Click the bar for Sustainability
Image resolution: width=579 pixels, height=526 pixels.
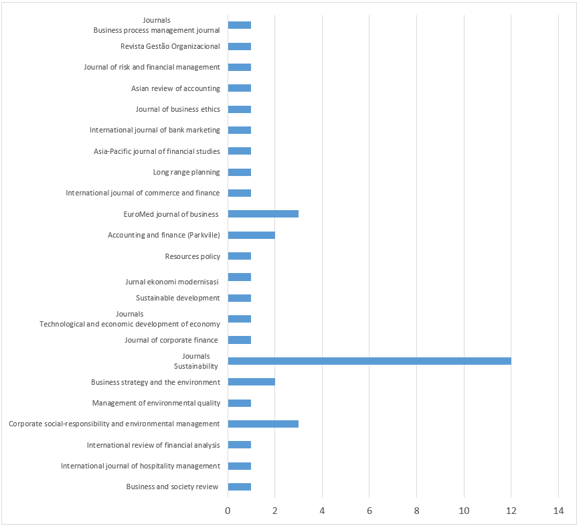(369, 361)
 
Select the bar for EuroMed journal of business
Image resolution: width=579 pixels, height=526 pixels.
(263, 213)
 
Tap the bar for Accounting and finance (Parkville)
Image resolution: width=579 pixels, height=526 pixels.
(251, 235)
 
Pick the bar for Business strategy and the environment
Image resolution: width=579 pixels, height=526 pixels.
(251, 382)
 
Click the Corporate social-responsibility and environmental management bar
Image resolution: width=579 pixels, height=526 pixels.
(263, 424)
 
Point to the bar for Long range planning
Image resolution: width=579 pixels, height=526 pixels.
(240, 172)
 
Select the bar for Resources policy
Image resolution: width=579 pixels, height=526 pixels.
(240, 256)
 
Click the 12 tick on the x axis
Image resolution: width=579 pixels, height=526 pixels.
(511, 511)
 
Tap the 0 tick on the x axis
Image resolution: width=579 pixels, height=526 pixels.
(228, 511)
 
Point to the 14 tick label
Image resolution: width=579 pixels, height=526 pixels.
(558, 511)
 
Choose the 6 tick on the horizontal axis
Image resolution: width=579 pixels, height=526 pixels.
(369, 511)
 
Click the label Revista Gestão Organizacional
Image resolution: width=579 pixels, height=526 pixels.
(170, 46)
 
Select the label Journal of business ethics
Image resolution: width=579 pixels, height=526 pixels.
(177, 109)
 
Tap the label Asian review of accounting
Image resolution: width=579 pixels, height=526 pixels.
(175, 88)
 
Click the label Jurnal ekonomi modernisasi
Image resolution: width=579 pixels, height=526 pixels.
(172, 282)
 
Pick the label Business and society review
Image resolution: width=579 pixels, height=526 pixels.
(172, 487)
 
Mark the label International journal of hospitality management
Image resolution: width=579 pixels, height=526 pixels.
(140, 466)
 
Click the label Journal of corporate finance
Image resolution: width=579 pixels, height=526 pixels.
(171, 340)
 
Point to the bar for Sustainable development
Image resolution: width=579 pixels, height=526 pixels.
(240, 298)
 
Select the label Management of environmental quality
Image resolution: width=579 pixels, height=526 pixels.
(156, 403)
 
